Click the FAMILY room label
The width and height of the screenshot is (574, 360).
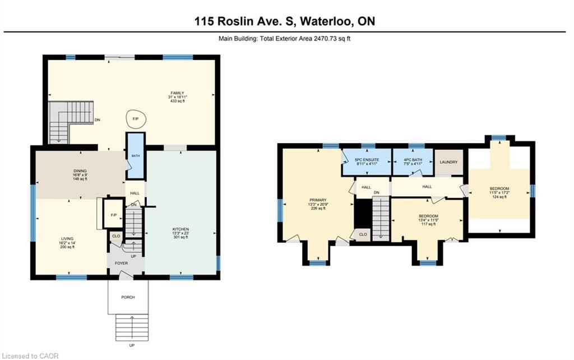click(x=177, y=93)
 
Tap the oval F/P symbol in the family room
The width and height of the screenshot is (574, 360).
click(x=136, y=119)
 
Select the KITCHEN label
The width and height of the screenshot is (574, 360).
click(x=180, y=229)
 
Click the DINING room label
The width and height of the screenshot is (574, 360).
click(x=80, y=170)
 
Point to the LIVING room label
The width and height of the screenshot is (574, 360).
click(x=67, y=239)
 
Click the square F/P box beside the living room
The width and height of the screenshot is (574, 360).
click(x=113, y=215)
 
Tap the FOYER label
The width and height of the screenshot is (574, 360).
click(x=122, y=264)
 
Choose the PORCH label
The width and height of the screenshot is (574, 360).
click(x=128, y=297)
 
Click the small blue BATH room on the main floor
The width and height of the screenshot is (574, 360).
click(x=136, y=156)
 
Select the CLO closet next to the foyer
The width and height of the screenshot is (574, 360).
click(x=116, y=236)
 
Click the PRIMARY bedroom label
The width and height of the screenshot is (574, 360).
click(x=318, y=200)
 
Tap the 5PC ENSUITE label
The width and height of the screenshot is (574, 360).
click(x=367, y=160)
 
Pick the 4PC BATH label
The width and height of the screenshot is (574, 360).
click(x=413, y=160)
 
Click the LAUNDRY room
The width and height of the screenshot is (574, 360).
click(x=449, y=162)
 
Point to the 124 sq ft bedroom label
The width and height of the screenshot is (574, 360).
click(x=499, y=188)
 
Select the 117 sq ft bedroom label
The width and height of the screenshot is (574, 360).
click(x=428, y=216)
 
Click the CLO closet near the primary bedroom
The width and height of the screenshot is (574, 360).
click(x=363, y=234)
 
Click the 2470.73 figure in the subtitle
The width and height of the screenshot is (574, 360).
click(x=326, y=38)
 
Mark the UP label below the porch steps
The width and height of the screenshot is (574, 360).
click(x=132, y=345)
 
